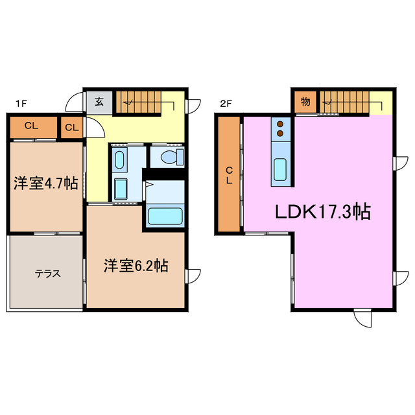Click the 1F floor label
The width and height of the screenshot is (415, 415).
click(21, 102)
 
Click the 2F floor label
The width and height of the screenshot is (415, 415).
click(226, 102)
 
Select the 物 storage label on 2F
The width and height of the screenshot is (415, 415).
click(305, 102)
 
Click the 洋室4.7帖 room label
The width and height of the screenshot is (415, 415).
click(46, 184)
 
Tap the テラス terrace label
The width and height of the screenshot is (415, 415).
click(47, 273)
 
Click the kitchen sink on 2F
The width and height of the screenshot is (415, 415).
click(281, 169)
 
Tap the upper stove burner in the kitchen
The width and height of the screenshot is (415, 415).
click(281, 123)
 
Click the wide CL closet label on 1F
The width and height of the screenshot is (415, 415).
click(32, 126)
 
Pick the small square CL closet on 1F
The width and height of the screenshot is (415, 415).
click(72, 127)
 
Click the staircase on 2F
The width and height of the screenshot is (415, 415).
click(347, 102)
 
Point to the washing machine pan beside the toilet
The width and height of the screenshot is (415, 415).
click(121, 159)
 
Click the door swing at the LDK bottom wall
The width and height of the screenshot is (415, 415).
click(363, 318)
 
